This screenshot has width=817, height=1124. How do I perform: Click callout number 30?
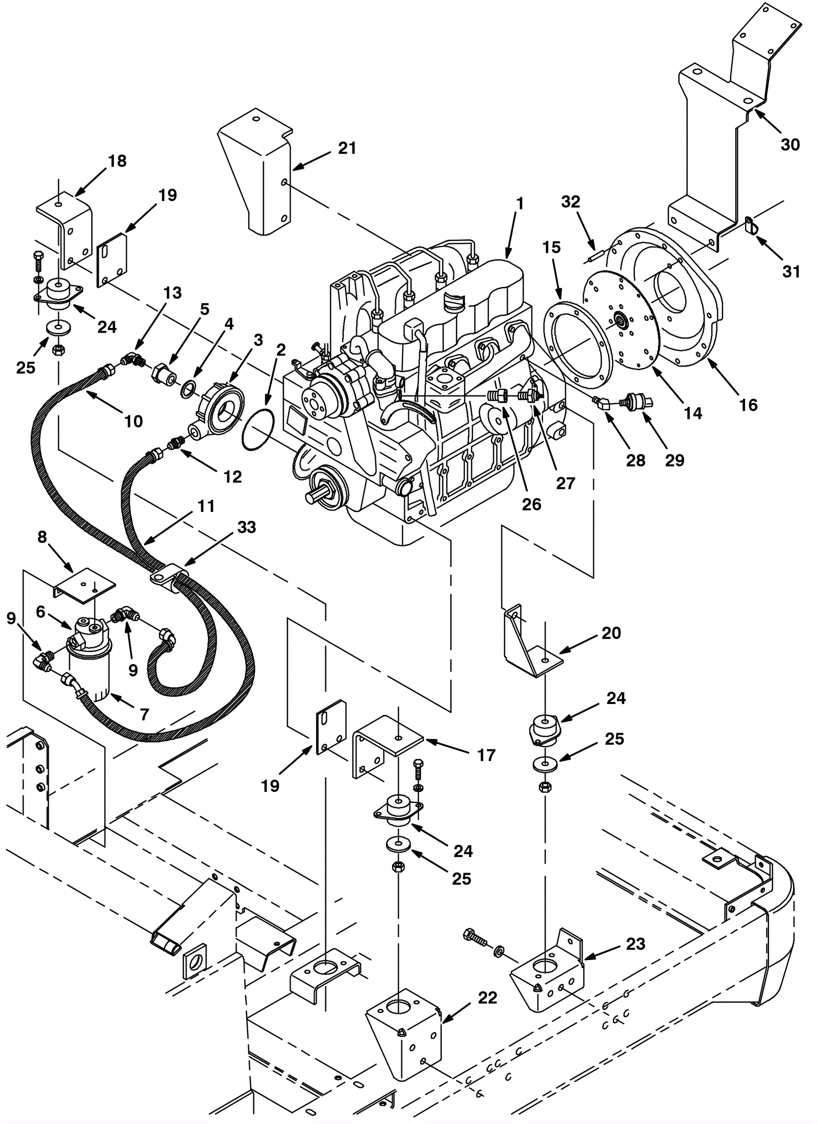(790, 145)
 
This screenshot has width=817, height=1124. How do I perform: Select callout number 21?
(347, 148)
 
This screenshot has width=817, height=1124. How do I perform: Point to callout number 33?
(247, 527)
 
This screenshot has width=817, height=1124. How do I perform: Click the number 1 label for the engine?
(520, 203)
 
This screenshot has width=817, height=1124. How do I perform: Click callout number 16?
(749, 405)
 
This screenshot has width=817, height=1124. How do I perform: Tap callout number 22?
(488, 998)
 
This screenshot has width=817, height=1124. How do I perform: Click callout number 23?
(636, 944)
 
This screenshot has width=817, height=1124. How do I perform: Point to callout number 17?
(487, 756)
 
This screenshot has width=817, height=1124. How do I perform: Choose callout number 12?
(233, 477)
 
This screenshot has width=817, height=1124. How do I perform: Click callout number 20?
(611, 633)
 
